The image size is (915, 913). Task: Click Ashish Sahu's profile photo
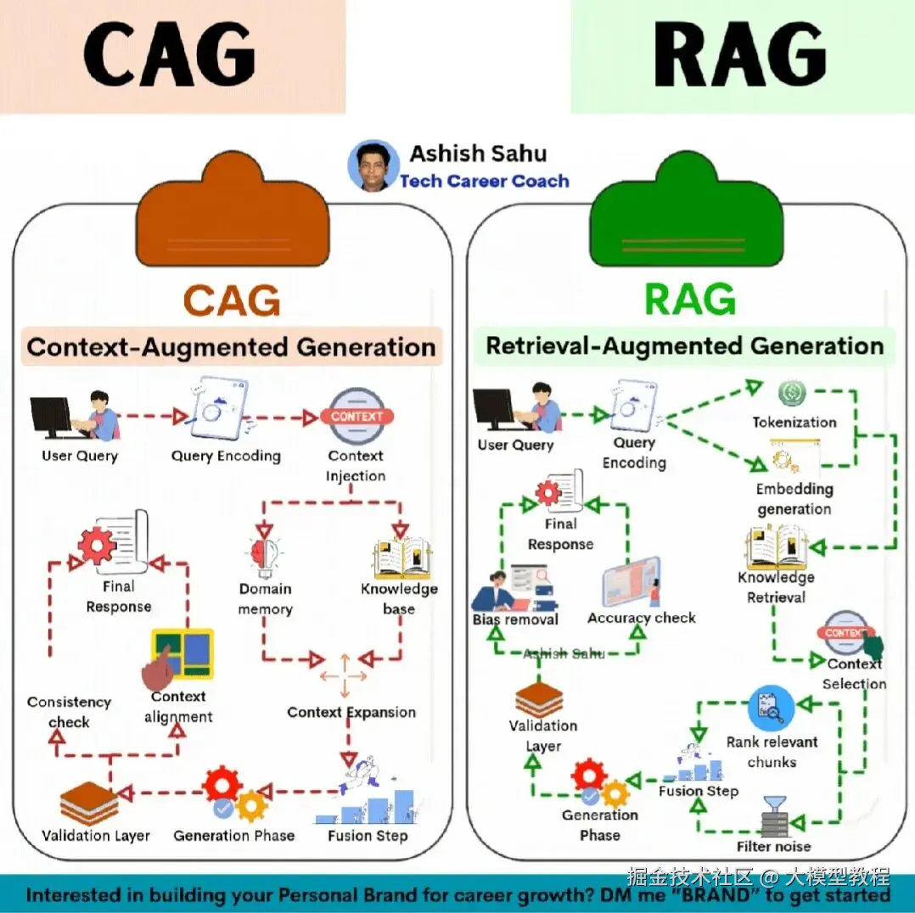click(x=373, y=165)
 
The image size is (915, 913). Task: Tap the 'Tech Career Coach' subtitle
click(x=484, y=181)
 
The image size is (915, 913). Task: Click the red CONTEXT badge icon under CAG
click(x=356, y=416)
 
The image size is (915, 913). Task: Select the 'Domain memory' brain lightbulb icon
click(x=262, y=556)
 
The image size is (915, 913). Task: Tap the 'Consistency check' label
click(x=69, y=712)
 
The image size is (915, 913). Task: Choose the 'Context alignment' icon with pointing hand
click(x=180, y=654)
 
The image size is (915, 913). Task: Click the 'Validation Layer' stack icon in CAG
click(x=89, y=802)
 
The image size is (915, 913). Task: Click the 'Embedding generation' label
click(x=794, y=499)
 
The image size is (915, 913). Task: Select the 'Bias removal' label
click(x=515, y=619)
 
